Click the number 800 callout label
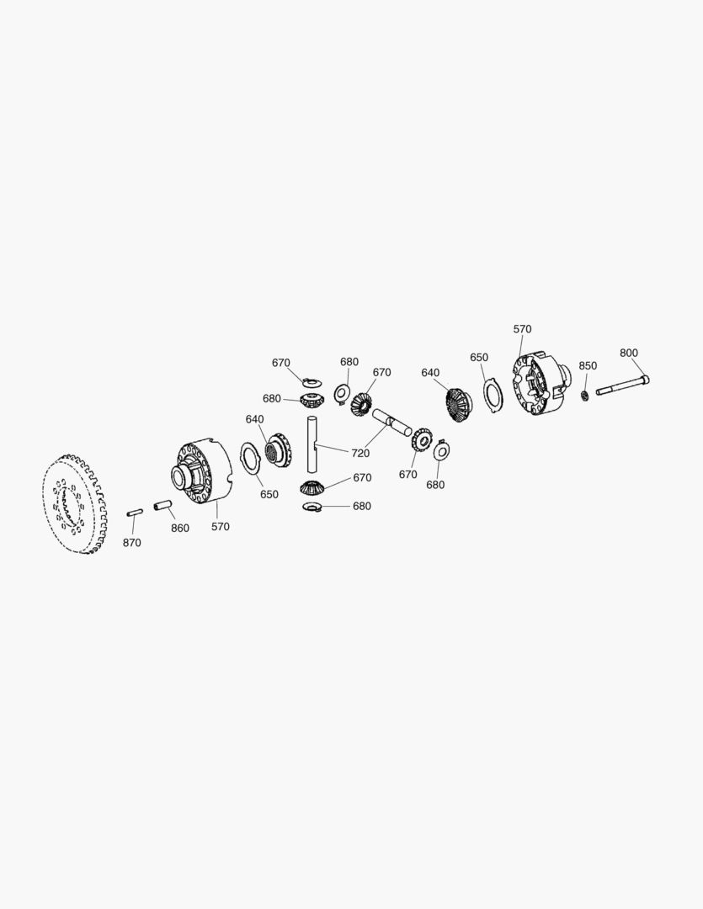pos(628,353)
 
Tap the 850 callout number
pos(587,366)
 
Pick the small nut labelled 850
pos(583,395)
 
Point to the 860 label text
pos(180,529)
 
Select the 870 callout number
pos(131,544)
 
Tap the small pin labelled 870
pos(134,512)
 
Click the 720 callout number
pos(359,454)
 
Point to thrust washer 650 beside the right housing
pos(493,397)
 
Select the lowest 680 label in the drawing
pos(361,507)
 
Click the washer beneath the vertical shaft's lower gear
pos(312,507)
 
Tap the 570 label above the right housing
pos(522,330)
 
